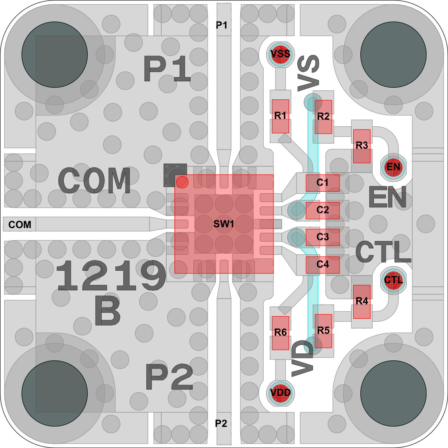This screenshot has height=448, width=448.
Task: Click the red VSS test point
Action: [x=280, y=54]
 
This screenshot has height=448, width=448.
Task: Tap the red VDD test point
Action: [x=280, y=393]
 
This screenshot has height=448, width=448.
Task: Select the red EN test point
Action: [x=394, y=167]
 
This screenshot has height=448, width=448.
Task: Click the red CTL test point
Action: [x=394, y=280]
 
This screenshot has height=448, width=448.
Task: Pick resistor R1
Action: [x=280, y=116]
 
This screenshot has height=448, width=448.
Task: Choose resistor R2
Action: [x=323, y=117]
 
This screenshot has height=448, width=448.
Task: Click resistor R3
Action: [x=362, y=146]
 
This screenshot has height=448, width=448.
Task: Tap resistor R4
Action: [x=362, y=302]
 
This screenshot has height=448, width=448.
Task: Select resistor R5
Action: [x=323, y=331]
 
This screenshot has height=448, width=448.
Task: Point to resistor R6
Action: [x=280, y=333]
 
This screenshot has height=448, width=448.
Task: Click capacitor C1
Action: [x=322, y=183]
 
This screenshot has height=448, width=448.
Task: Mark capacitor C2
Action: [x=322, y=211]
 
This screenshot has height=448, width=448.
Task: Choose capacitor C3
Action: [x=322, y=237]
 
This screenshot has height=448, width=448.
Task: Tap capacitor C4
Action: [x=322, y=265]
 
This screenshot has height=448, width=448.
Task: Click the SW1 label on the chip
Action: [x=224, y=224]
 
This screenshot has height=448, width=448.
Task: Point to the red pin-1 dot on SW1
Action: [x=182, y=182]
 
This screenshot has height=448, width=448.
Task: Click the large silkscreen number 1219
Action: [x=111, y=275]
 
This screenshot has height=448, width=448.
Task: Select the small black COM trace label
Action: [x=20, y=225]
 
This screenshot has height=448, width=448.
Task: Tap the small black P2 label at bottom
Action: [x=221, y=423]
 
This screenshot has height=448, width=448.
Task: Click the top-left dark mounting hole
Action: [x=54, y=54]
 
